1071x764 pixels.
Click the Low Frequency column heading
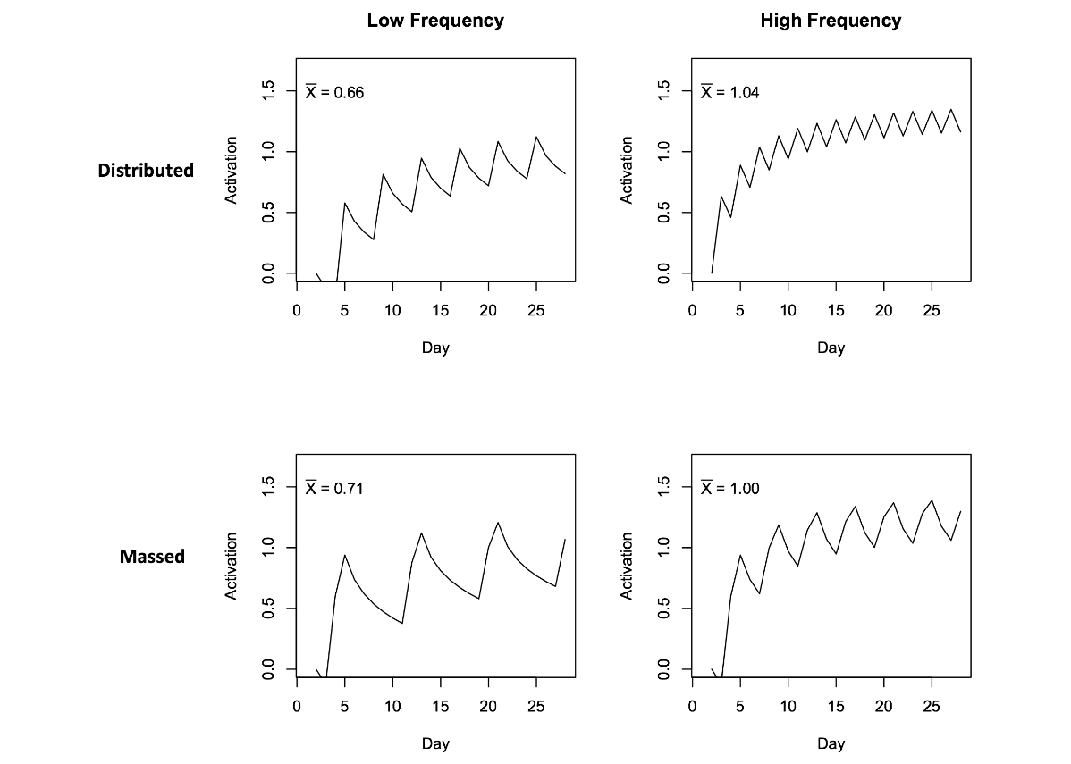tap(435, 21)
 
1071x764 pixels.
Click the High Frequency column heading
tap(831, 21)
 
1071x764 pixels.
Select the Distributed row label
tap(146, 170)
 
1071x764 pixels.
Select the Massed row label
tap(152, 557)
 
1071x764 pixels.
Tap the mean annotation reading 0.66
tap(334, 92)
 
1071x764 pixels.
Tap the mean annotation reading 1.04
tap(729, 92)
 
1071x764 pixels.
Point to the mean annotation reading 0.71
tap(334, 488)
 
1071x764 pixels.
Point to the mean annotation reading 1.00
tap(729, 488)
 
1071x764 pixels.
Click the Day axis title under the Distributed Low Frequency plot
tap(435, 348)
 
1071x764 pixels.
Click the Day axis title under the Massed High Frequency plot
tap(831, 743)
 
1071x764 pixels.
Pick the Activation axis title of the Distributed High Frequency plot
tap(628, 170)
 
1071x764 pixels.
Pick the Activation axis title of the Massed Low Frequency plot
tap(232, 566)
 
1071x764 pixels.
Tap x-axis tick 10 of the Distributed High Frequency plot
tap(788, 309)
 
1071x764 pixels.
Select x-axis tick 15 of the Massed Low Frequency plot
tap(441, 705)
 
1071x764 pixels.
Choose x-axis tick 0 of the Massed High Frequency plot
tap(692, 705)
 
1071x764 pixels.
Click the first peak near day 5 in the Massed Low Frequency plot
tap(345, 555)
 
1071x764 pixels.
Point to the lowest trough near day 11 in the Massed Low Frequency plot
tap(402, 624)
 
